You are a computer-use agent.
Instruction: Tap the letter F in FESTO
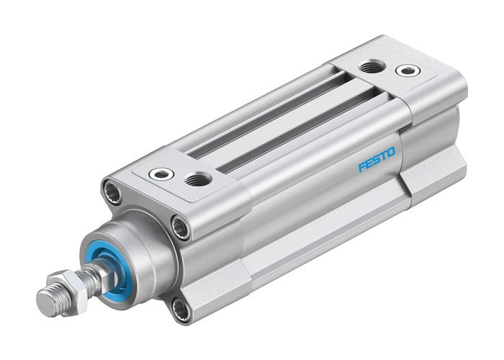tap(362, 167)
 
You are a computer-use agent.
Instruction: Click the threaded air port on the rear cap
tap(372, 67)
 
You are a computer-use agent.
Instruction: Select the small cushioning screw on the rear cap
tap(408, 71)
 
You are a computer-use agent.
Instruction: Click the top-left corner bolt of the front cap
tap(112, 192)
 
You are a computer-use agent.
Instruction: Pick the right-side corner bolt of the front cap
tap(180, 228)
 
